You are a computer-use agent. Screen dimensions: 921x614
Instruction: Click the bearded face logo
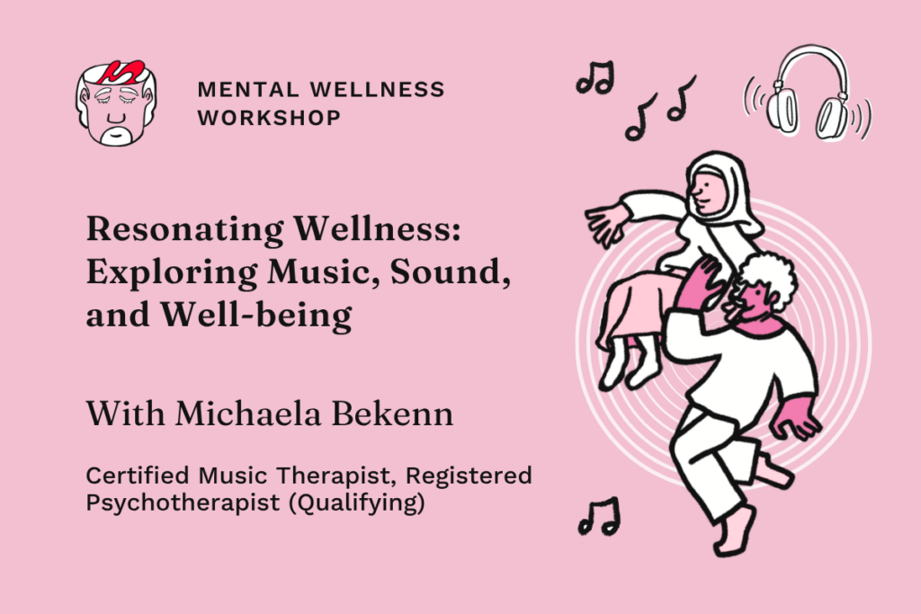[x=116, y=102]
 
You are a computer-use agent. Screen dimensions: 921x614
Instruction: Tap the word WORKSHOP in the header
[x=269, y=118]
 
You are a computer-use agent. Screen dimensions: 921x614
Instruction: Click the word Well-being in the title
[x=256, y=316]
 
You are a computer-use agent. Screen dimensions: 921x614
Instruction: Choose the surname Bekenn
[x=392, y=414]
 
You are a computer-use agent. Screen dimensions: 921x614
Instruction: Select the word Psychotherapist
[x=183, y=503]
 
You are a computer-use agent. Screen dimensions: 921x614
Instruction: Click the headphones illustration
[x=809, y=93]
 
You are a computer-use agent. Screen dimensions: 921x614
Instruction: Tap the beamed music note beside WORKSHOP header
[x=595, y=77]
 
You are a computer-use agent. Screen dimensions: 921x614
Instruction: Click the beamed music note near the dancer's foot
[x=599, y=516]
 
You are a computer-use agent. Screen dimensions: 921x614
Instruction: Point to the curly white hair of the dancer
[x=766, y=275]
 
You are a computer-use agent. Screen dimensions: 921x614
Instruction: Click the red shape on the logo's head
[x=121, y=72]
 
